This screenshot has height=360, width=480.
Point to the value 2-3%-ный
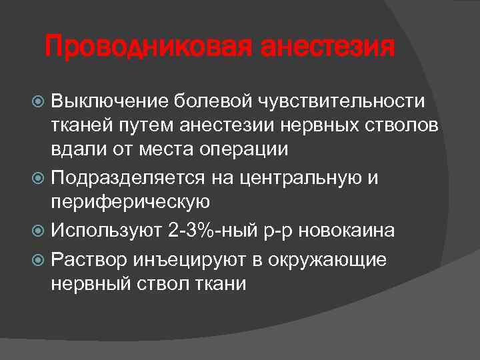pos(219,230)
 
